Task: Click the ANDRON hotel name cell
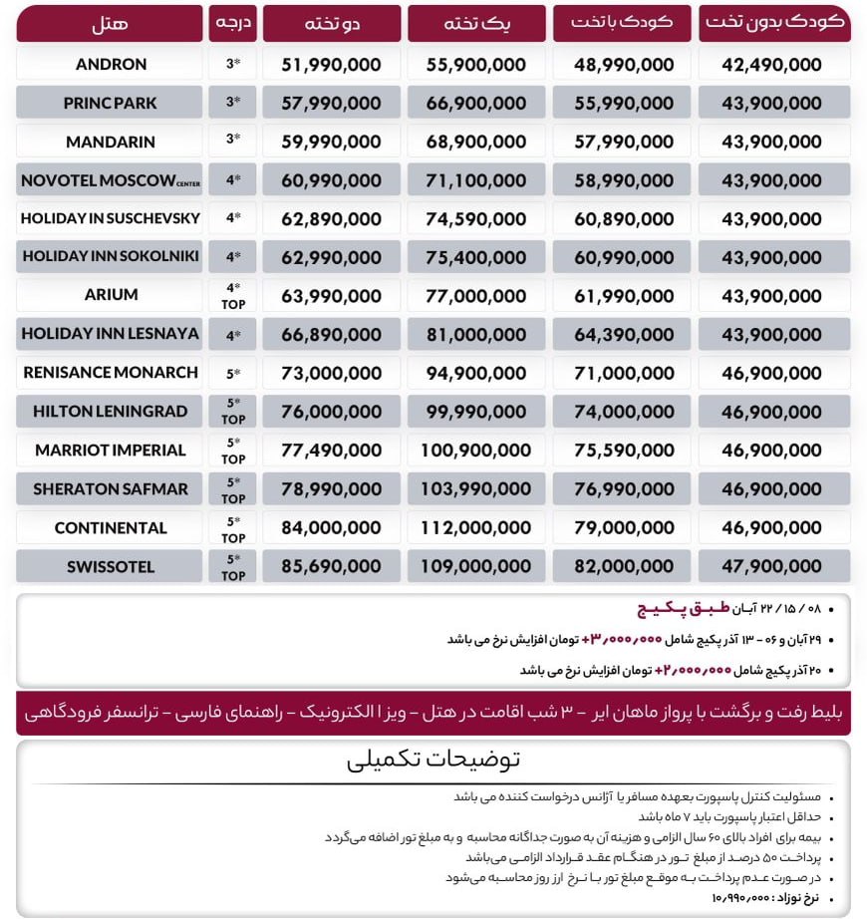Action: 111,65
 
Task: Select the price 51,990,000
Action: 332,65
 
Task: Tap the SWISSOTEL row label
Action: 111,567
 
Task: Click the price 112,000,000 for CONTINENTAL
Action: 477,528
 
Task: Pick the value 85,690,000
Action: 332,567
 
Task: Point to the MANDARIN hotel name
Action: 111,143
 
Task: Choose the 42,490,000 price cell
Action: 774,65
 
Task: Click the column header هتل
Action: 110,22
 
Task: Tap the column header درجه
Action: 233,22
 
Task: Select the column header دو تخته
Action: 332,22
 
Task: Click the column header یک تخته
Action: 477,22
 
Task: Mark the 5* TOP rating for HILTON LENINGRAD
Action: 233,412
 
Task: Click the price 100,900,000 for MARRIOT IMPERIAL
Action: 477,451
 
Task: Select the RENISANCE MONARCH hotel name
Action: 111,373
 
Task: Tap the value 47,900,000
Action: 774,567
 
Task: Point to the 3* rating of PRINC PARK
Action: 233,104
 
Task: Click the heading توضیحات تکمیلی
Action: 433,761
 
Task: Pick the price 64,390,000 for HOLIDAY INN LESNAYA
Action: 624,334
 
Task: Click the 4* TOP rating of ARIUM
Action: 233,295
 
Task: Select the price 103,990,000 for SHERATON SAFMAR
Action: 477,489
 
